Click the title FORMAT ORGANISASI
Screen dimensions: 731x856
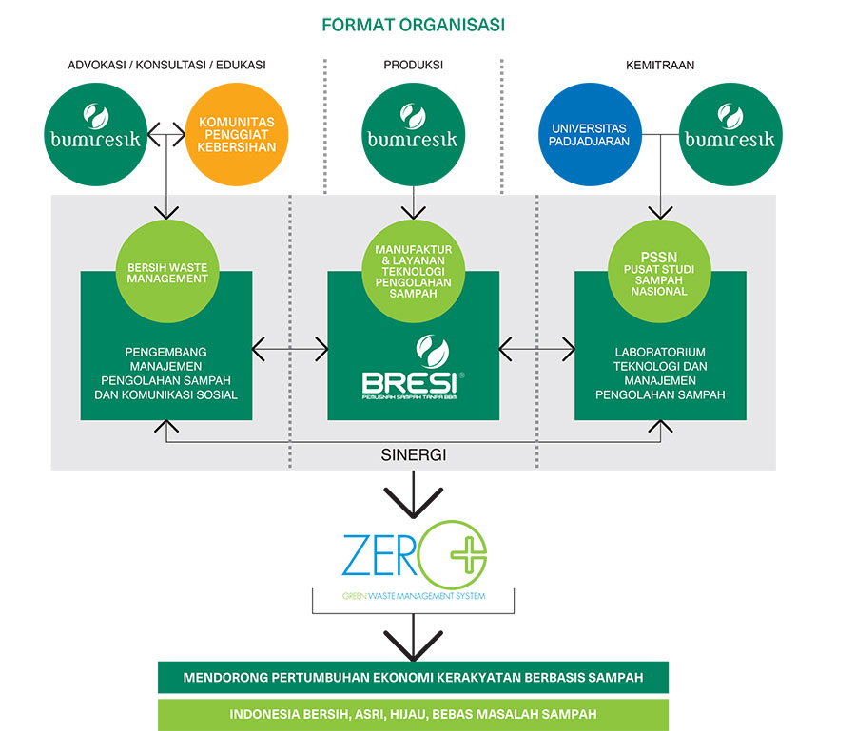click(413, 25)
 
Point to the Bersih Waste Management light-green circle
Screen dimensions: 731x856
click(166, 274)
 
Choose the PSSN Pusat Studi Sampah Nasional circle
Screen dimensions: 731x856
click(660, 274)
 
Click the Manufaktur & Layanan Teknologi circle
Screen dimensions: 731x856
click(413, 274)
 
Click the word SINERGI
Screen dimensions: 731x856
click(413, 455)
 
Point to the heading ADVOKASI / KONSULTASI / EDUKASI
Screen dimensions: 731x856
click(166, 65)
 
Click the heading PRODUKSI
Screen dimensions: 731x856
click(413, 65)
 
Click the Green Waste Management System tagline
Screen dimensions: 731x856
click(413, 596)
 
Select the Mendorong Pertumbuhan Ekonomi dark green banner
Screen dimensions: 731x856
click(413, 677)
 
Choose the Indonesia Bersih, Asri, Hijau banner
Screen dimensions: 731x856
click(413, 714)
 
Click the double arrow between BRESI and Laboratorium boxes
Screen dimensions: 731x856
click(536, 349)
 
